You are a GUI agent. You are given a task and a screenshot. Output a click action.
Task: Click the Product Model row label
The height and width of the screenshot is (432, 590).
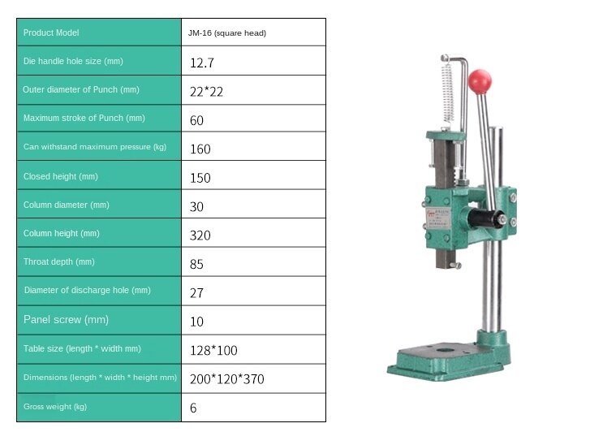coord(51,32)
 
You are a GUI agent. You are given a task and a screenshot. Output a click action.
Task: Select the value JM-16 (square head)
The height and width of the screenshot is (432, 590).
coord(228,33)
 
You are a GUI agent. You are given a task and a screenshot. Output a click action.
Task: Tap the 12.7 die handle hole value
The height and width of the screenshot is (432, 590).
coord(202,63)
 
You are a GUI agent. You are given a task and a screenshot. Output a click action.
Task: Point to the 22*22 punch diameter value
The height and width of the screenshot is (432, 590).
coord(206,92)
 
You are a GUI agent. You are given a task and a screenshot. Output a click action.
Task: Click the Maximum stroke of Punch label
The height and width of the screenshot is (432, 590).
coord(84,119)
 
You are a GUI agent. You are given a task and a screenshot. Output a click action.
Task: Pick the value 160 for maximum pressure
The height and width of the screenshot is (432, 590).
coord(200,149)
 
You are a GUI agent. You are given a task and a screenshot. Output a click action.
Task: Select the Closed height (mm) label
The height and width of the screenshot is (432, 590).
coord(61,176)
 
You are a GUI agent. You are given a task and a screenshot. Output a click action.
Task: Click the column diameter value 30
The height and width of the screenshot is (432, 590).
coord(197,206)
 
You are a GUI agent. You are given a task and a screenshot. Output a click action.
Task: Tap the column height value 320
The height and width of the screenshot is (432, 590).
coord(200,235)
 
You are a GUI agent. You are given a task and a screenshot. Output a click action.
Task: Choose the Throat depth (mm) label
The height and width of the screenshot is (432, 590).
coord(59,262)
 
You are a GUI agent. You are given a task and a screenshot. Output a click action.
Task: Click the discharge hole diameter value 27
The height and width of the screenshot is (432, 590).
coord(197,292)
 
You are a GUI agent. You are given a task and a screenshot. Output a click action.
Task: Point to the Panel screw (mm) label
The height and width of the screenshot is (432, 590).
coord(67,320)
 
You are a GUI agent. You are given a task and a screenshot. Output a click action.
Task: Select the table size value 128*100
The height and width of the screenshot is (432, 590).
coord(213,350)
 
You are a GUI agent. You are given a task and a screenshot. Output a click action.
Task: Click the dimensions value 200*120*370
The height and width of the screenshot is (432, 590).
coord(227,379)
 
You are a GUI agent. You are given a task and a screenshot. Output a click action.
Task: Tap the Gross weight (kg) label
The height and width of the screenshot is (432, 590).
coord(55,406)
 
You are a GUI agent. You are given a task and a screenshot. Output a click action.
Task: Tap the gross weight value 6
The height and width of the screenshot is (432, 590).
coord(193,408)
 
